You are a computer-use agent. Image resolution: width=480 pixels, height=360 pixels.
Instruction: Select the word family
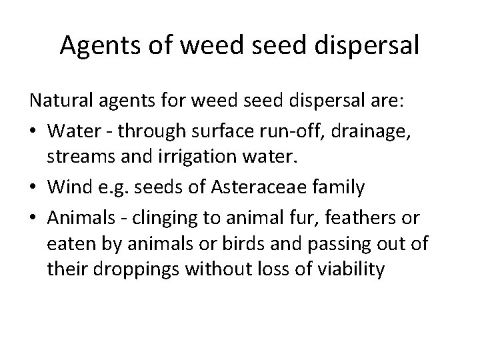(x=339, y=189)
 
